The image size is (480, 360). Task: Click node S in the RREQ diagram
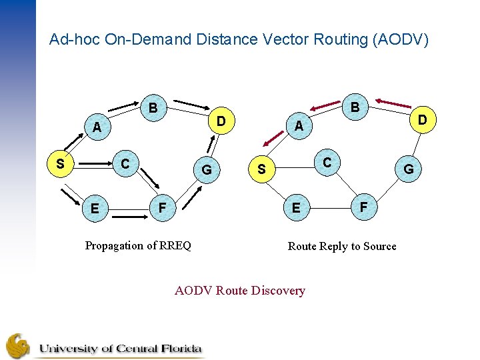[60, 163]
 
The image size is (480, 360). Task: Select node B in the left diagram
[153, 107]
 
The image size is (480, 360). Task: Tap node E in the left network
[95, 209]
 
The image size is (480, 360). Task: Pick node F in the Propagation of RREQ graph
[162, 207]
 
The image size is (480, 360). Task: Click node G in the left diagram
[207, 170]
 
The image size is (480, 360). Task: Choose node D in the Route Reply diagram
[423, 120]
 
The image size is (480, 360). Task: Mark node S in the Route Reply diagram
[261, 169]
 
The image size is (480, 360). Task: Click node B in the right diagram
[355, 107]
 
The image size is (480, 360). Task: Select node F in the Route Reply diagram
[363, 207]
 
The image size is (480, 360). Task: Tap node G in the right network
[409, 169]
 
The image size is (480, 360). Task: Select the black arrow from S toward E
[69, 195]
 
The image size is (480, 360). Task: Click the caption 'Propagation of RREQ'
[138, 245]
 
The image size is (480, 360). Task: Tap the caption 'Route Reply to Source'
[342, 246]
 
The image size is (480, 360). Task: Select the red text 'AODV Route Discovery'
[240, 291]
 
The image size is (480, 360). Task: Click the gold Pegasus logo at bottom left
[19, 345]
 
